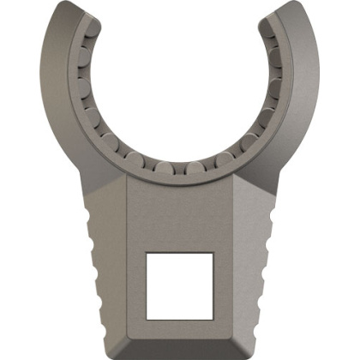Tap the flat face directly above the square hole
point(180,214)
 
